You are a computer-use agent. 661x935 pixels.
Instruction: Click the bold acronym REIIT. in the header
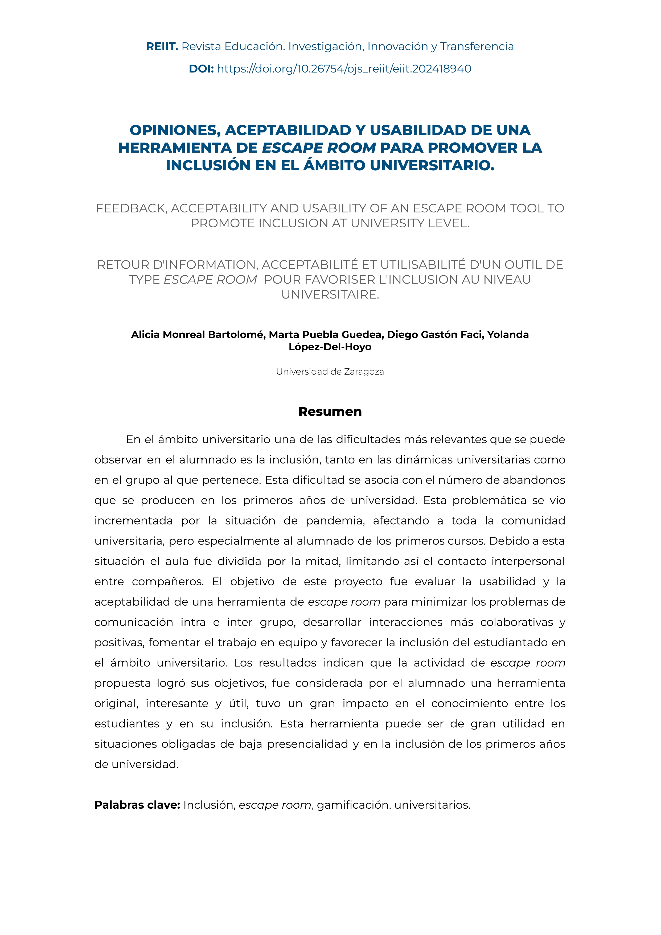point(162,46)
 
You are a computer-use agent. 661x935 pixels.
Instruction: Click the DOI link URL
point(344,69)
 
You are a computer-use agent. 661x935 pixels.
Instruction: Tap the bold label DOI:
point(201,69)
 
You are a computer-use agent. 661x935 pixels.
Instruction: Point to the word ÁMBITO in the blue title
point(335,166)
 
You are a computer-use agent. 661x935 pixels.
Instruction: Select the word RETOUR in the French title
point(123,265)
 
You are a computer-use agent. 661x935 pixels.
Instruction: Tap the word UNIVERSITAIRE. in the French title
point(330,295)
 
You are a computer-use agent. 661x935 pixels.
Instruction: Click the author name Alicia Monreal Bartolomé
point(198,334)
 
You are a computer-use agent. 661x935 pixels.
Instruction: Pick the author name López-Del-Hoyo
point(330,347)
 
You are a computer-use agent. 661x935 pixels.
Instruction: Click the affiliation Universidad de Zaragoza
point(330,372)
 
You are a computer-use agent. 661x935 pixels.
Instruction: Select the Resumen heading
point(330,412)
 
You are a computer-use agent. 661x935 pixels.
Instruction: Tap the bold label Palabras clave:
point(137,805)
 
